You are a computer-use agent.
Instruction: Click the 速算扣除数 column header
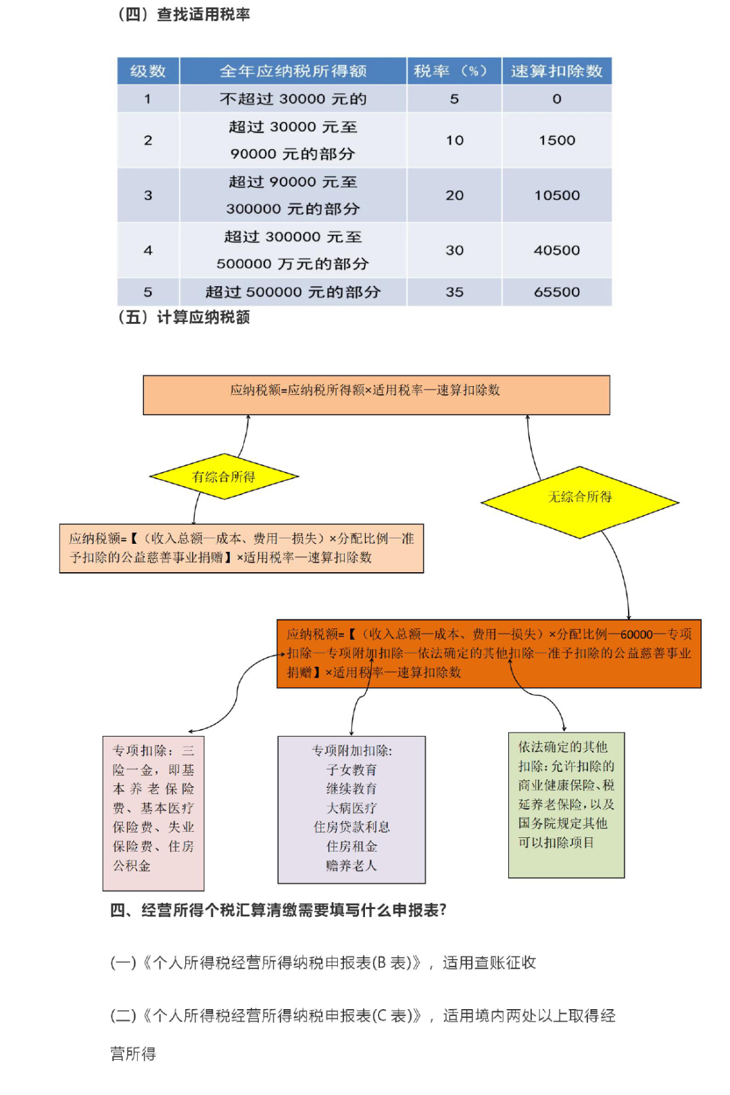[x=556, y=72]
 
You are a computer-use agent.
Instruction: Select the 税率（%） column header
[x=454, y=72]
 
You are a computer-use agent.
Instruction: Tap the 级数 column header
[x=148, y=72]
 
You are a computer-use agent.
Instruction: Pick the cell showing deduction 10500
[x=556, y=195]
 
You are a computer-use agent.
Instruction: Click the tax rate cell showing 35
[x=454, y=292]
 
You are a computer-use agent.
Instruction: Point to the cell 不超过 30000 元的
[x=293, y=99]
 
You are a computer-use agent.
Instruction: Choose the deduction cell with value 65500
[x=556, y=292]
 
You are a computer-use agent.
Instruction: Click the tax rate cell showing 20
[x=454, y=195]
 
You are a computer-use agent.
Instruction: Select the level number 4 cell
[x=148, y=250]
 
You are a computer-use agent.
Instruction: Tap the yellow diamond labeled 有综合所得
[x=224, y=476]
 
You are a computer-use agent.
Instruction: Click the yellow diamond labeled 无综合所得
[x=579, y=502]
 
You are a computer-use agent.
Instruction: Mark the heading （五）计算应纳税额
[x=182, y=318]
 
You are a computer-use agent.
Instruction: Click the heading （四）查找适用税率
[x=182, y=14]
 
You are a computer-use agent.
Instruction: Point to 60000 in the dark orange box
[x=637, y=634]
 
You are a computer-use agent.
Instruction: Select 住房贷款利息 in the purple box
[x=351, y=827]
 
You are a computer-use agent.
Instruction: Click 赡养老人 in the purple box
[x=351, y=866]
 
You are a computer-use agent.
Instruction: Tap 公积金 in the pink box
[x=131, y=866]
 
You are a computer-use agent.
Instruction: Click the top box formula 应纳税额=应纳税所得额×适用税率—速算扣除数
[x=365, y=390]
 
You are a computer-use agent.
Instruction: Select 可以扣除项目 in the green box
[x=556, y=842]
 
